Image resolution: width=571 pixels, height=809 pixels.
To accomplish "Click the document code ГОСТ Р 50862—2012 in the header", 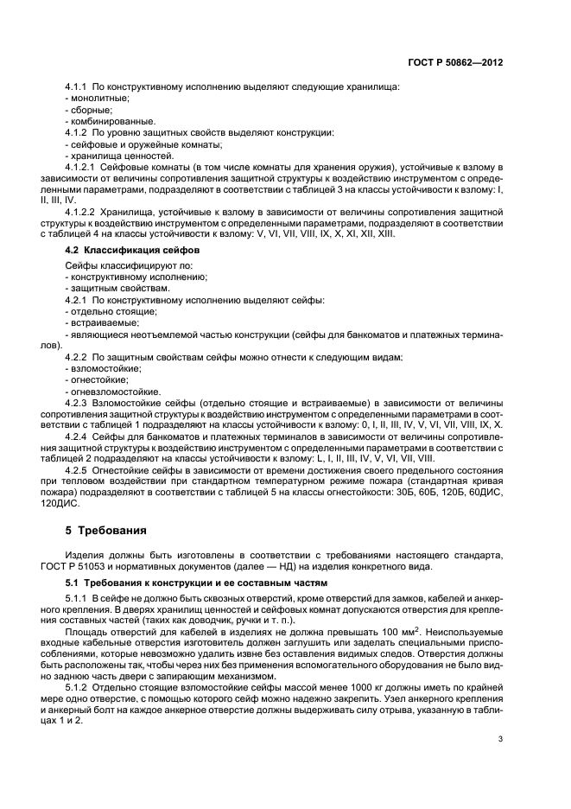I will (455, 63).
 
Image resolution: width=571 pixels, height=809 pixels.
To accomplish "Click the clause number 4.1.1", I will (79, 88).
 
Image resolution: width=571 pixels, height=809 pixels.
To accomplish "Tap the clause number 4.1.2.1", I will (84, 165).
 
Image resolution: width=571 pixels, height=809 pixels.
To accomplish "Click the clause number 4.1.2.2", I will (84, 210).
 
